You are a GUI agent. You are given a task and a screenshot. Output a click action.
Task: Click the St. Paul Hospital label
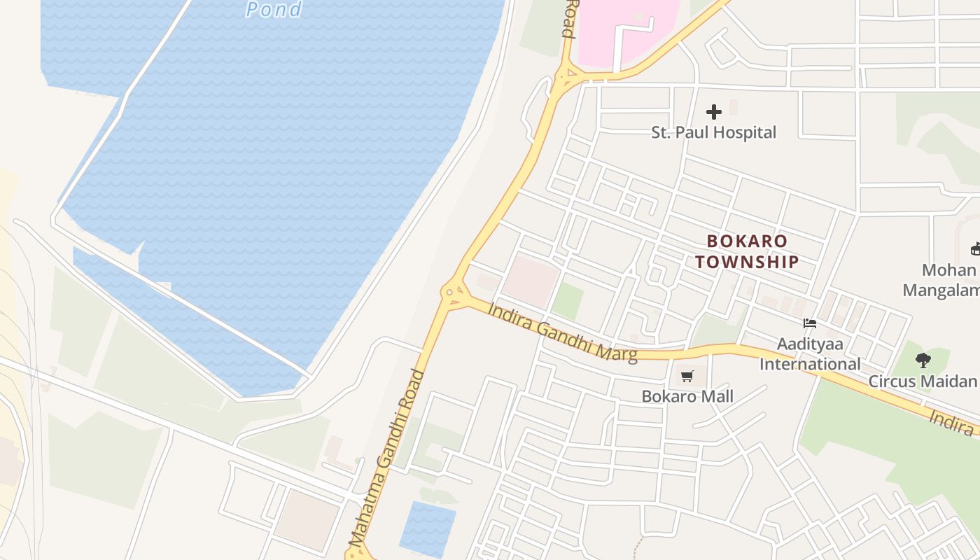(713, 132)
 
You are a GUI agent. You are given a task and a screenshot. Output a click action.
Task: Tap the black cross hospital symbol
(714, 112)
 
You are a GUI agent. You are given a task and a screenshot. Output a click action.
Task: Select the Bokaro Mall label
(687, 396)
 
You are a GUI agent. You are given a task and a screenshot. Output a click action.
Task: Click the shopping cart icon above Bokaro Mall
(687, 377)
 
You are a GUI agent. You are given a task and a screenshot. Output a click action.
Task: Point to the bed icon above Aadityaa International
(810, 323)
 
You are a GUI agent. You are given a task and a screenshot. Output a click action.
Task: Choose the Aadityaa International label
(810, 354)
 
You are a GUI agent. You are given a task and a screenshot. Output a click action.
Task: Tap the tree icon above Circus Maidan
(923, 360)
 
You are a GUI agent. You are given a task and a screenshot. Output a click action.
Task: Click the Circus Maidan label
(922, 381)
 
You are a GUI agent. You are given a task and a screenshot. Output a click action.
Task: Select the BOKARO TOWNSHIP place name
(747, 251)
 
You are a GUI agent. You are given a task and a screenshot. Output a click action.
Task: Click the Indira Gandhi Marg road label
(563, 332)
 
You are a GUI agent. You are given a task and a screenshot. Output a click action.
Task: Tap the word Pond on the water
(274, 9)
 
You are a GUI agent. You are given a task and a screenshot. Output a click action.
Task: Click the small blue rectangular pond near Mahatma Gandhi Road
(427, 528)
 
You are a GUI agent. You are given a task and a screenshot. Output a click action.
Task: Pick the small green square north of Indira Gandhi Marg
(568, 301)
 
